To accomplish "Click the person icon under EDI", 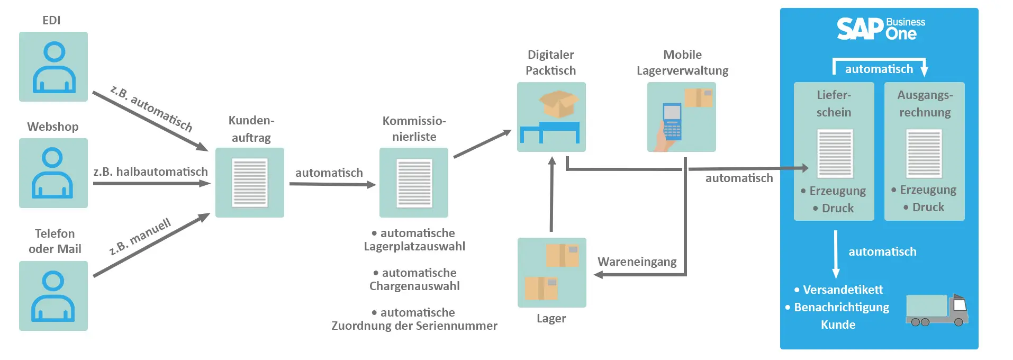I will click(x=53, y=67).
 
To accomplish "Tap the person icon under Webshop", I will click(x=53, y=173).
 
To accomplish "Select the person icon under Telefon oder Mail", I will click(x=53, y=296).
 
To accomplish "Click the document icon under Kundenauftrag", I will click(x=250, y=183).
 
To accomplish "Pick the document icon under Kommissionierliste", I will click(x=414, y=183).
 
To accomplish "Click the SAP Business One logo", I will click(x=880, y=29).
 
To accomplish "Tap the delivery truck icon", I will click(x=936, y=310).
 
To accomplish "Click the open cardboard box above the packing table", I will click(x=558, y=103).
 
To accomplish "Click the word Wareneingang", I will click(x=637, y=262).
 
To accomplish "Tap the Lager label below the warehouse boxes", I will click(x=551, y=318).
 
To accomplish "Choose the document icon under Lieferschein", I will click(x=835, y=154).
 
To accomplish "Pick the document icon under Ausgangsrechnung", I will click(x=924, y=154).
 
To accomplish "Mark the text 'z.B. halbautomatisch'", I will click(x=150, y=172).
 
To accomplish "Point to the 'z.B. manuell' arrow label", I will click(x=140, y=236).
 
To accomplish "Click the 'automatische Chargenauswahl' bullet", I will click(x=414, y=280).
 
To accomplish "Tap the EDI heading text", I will click(x=51, y=20).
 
